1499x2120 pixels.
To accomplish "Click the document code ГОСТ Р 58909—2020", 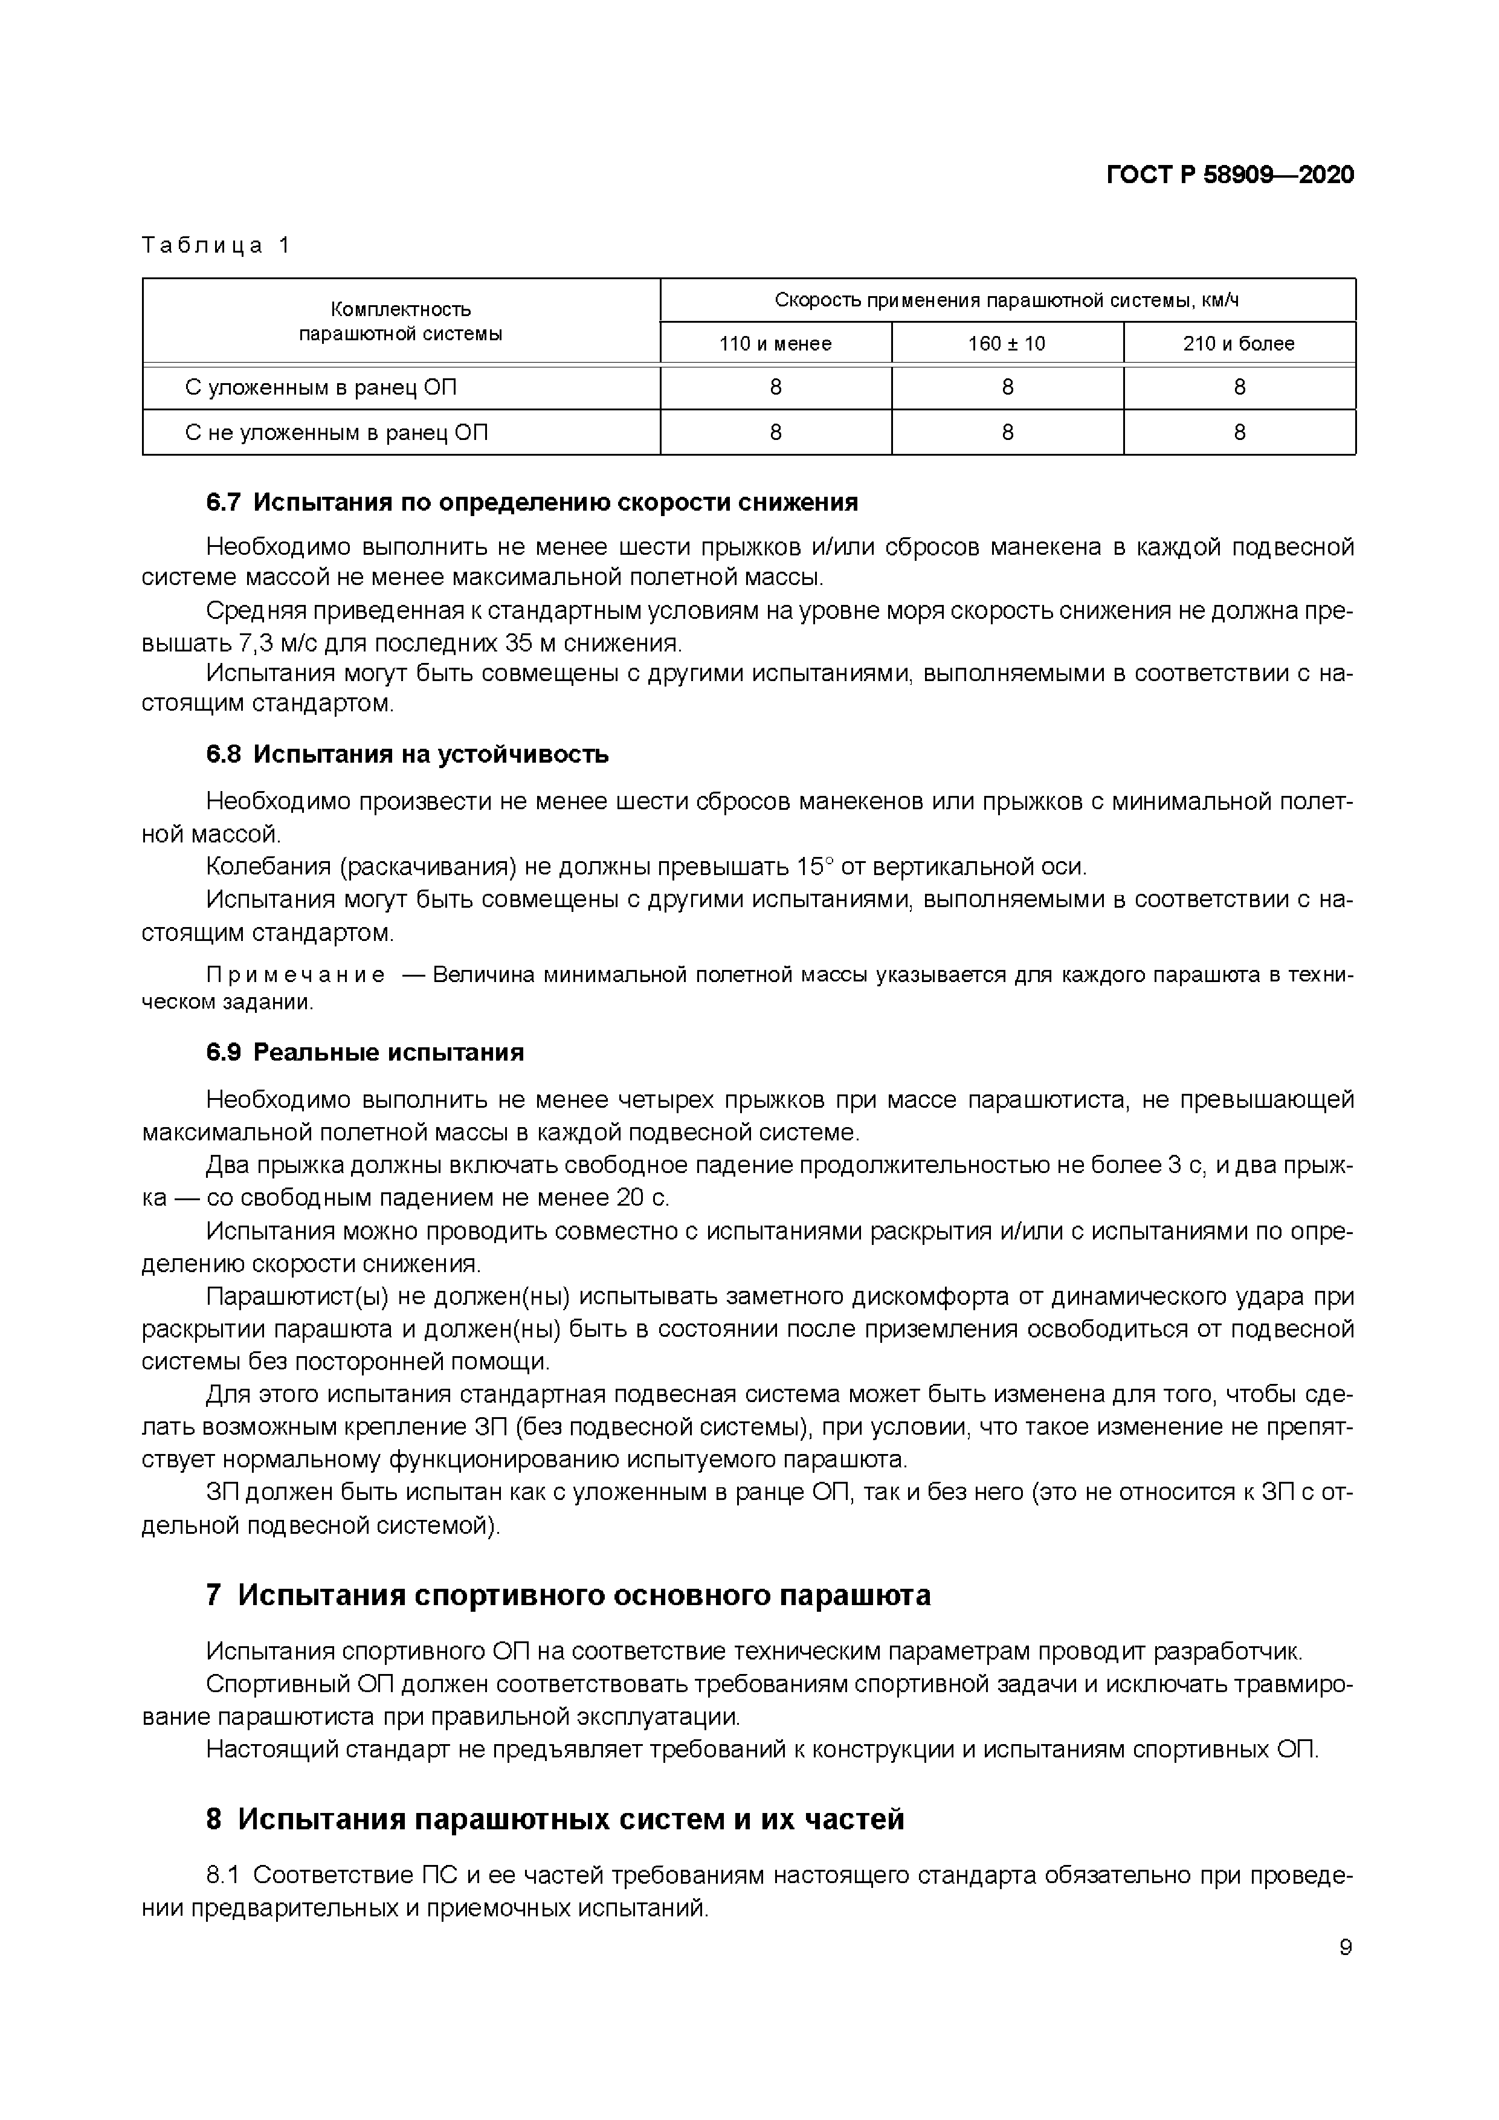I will coord(1230,175).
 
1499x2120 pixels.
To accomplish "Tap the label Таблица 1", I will coord(216,245).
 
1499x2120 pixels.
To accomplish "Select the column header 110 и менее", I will coord(775,343).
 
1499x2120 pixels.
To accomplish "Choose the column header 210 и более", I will coord(1239,343).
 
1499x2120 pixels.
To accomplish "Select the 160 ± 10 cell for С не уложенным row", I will coord(1007,432).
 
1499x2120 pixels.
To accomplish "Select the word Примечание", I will coord(295,975).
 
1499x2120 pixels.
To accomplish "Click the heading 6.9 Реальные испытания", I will coord(364,1053).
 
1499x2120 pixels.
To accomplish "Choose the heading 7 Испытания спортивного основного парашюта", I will coord(568,1595).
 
